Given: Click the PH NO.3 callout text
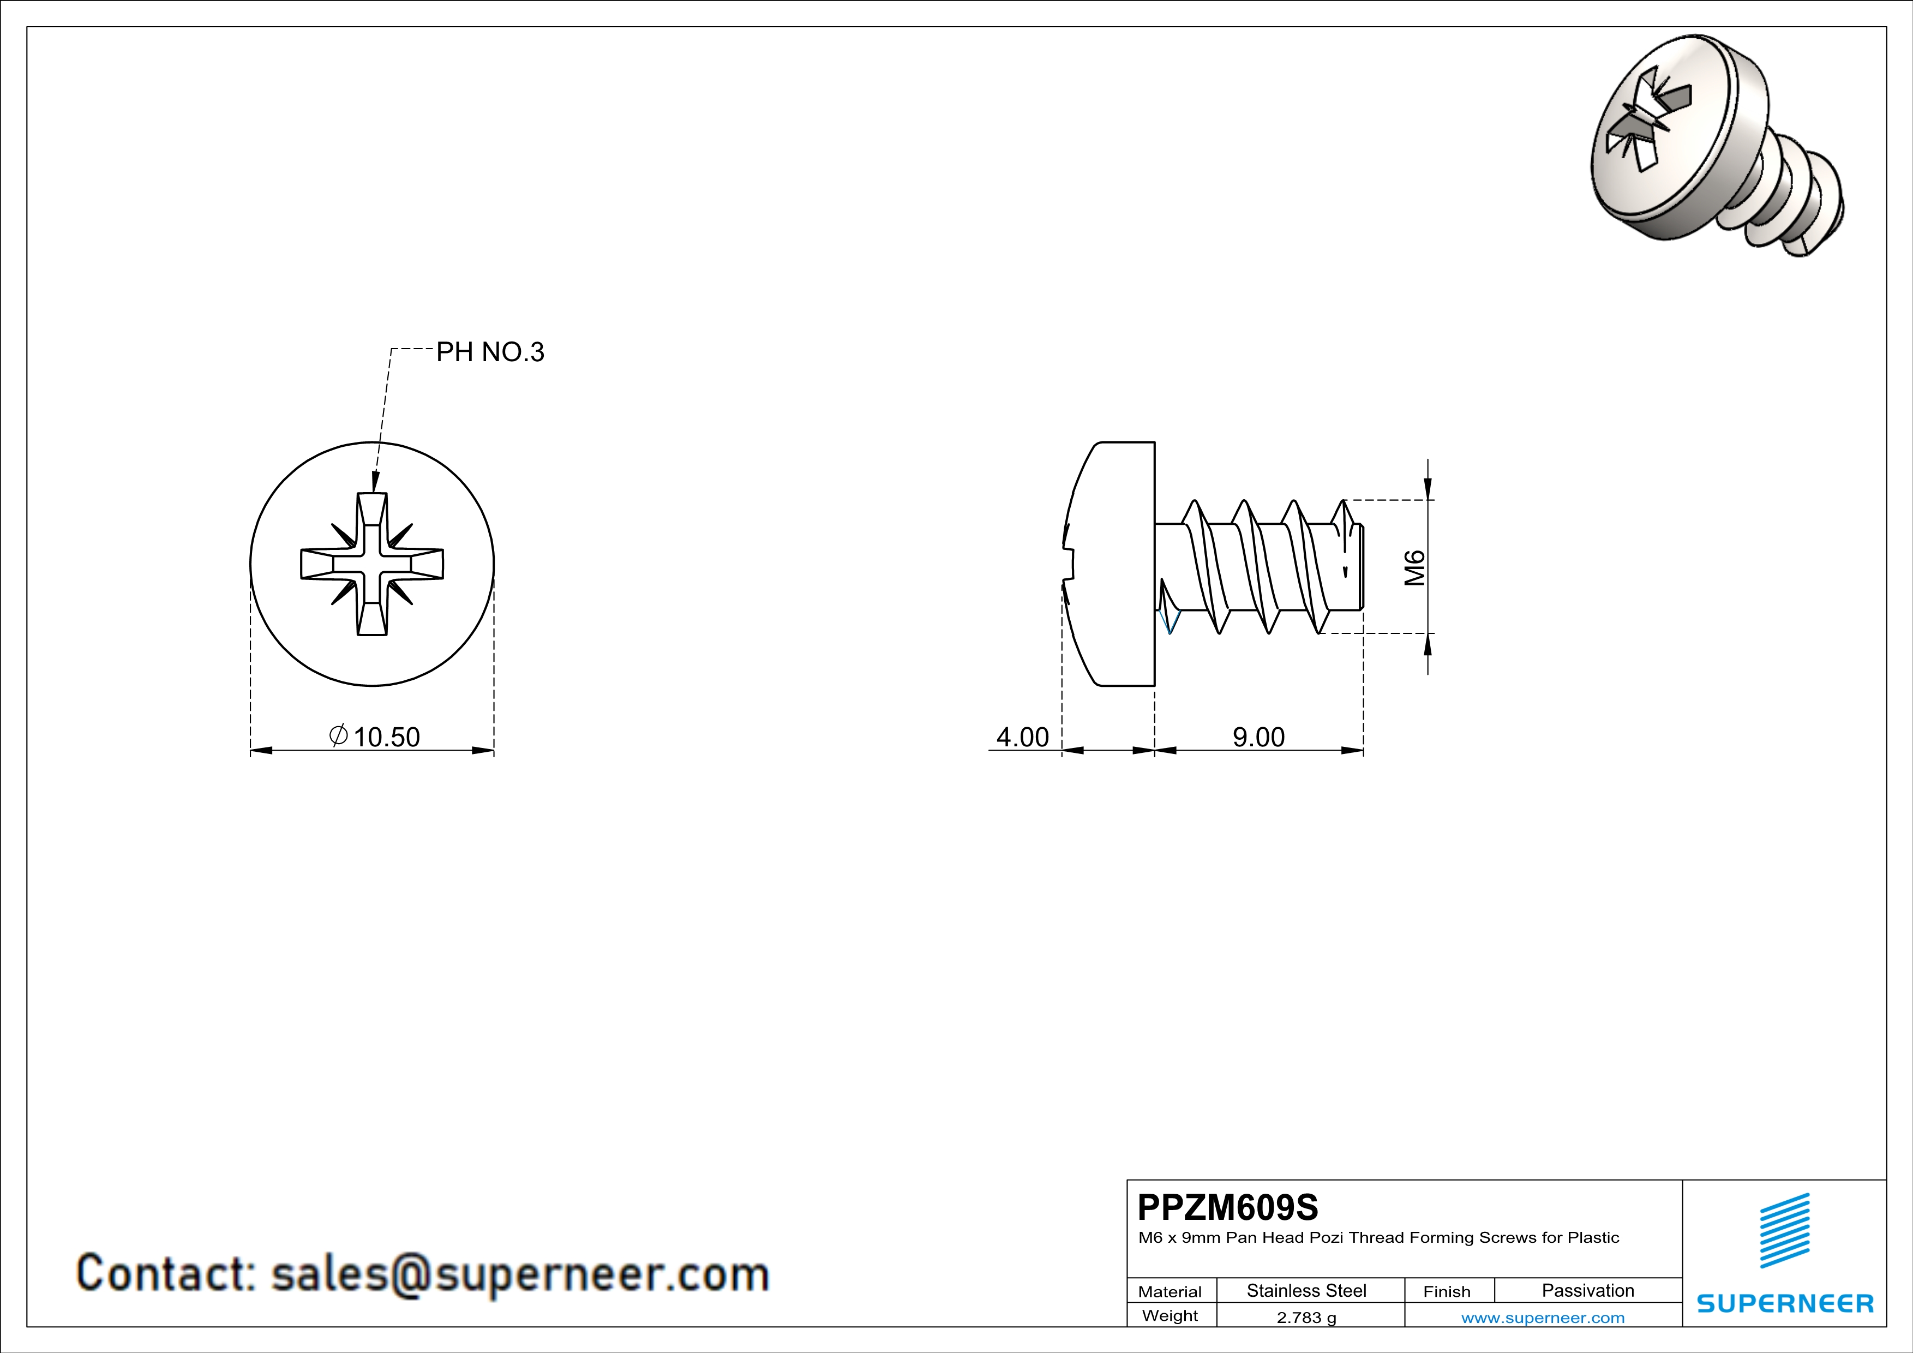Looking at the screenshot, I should point(490,352).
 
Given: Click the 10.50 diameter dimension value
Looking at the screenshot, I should point(386,737).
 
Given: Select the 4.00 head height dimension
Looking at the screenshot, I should point(1022,737).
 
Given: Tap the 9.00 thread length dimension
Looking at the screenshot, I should point(1258,737).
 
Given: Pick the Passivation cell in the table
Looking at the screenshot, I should point(1587,1290).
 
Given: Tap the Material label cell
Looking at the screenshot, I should point(1170,1291).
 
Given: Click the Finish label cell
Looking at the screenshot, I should point(1447,1291).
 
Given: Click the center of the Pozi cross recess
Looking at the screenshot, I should point(371,564).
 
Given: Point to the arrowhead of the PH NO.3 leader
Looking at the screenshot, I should point(375,484).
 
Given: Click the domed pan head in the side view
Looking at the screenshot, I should point(1112,564).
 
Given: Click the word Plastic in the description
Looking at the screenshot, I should point(1593,1238).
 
